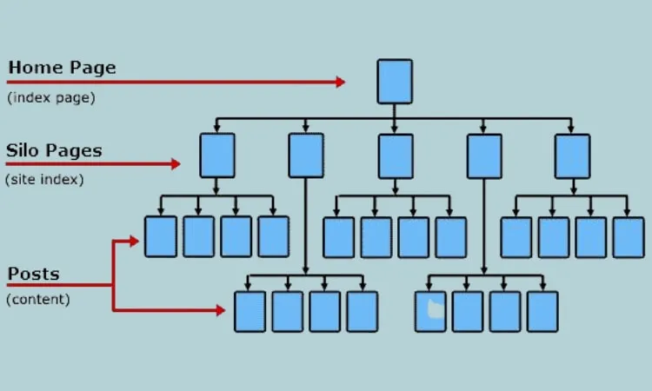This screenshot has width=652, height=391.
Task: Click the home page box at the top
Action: click(394, 81)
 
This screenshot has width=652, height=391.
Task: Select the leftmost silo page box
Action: click(216, 156)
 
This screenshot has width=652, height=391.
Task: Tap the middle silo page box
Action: click(395, 156)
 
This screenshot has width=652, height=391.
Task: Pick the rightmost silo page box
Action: click(572, 156)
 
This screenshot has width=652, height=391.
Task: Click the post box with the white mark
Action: click(429, 311)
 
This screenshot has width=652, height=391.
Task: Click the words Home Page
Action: click(62, 68)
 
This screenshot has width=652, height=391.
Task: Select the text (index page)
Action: click(51, 97)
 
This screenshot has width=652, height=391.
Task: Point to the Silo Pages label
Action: click(55, 150)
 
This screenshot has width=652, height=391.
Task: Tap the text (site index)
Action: click(44, 180)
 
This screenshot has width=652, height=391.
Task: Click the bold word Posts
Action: click(34, 275)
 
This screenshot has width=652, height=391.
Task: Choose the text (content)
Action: click(38, 300)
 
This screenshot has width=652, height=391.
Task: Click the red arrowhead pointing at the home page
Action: click(340, 83)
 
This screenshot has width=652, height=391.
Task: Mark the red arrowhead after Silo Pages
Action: click(176, 163)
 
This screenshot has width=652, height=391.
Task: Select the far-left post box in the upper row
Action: click(161, 236)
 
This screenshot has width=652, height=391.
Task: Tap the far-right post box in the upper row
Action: click(628, 236)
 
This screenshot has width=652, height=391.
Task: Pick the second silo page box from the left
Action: click(306, 156)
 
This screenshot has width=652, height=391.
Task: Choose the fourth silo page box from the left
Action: click(484, 156)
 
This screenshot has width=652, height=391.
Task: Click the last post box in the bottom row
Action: click(542, 311)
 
